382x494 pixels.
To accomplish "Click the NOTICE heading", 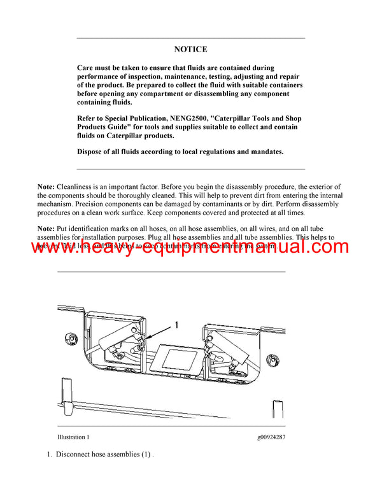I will click(190, 49).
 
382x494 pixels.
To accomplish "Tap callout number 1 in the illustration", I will click(176, 325).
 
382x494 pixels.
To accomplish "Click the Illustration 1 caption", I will click(73, 437).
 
